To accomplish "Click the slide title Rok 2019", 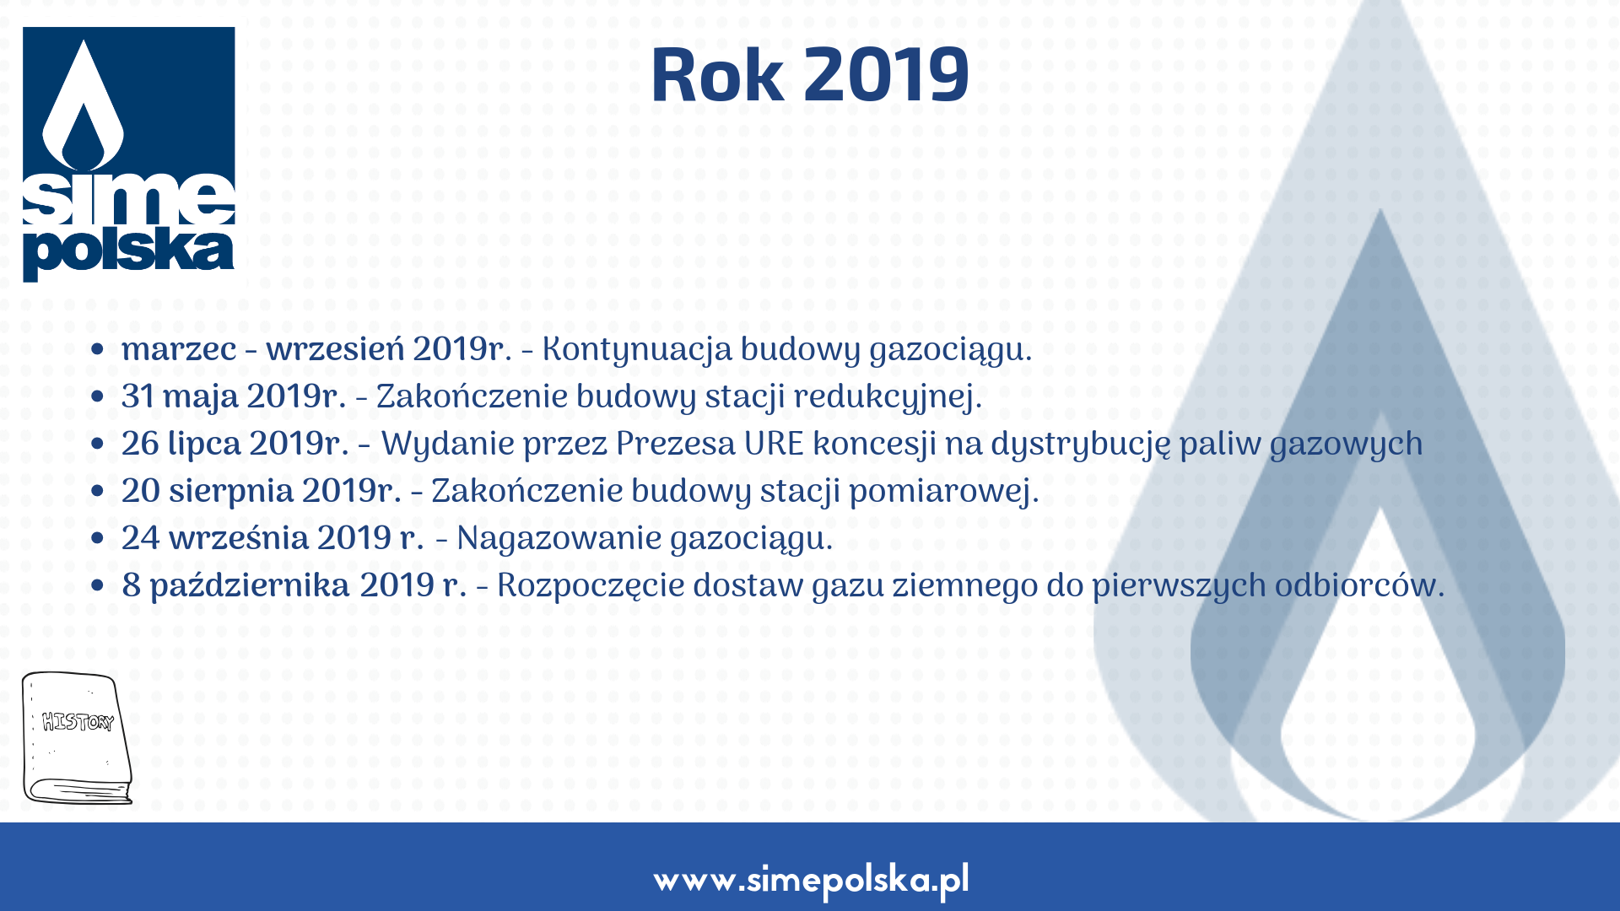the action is (810, 75).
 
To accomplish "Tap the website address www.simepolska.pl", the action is (811, 880).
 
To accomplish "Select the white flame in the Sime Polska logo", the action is (83, 106).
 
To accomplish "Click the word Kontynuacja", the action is (637, 350).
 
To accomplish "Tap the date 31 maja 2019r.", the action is (234, 396).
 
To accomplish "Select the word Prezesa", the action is (675, 444).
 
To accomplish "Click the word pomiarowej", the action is (943, 491).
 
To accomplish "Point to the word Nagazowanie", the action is (559, 538).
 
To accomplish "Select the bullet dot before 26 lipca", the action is (98, 444).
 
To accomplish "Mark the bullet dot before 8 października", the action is (98, 585).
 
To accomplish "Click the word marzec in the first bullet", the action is (179, 350).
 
